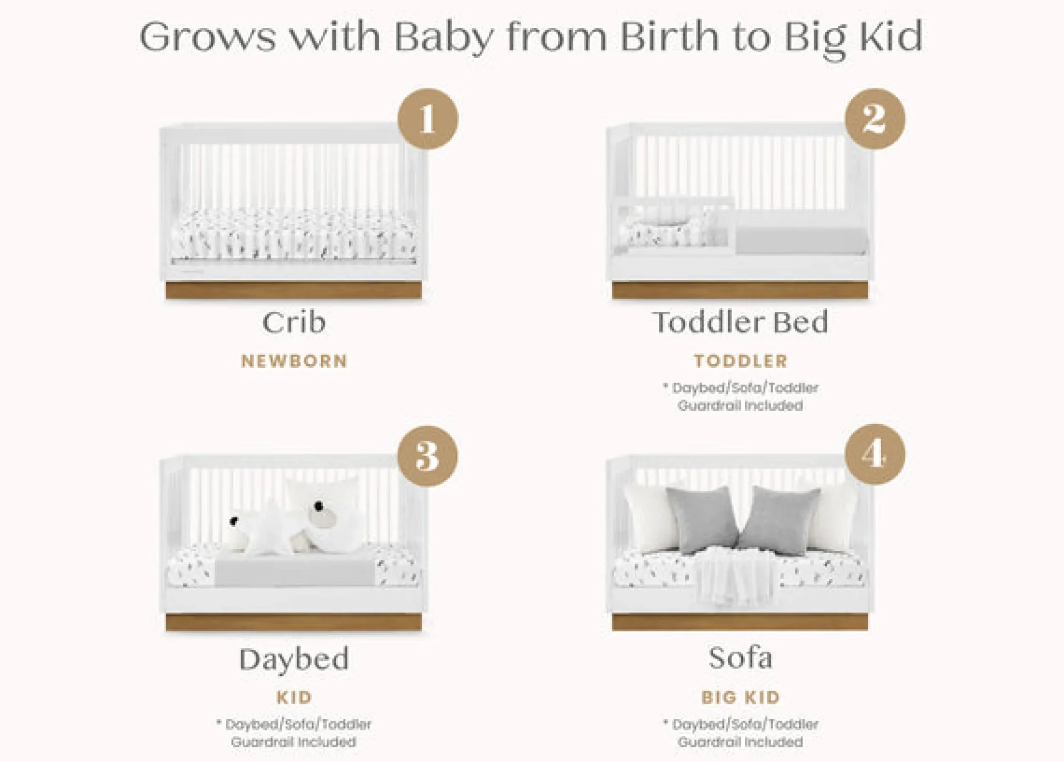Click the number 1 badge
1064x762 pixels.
(427, 119)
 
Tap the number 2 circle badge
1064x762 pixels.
(875, 119)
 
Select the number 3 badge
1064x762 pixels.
(427, 456)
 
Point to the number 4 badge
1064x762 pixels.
(875, 454)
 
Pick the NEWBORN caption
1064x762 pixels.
(294, 361)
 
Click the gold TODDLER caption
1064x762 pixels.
(741, 361)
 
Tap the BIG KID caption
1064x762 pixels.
(741, 697)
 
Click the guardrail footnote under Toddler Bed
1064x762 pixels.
(740, 397)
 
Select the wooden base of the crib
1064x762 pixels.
(294, 291)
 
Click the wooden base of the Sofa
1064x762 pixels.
(740, 622)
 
